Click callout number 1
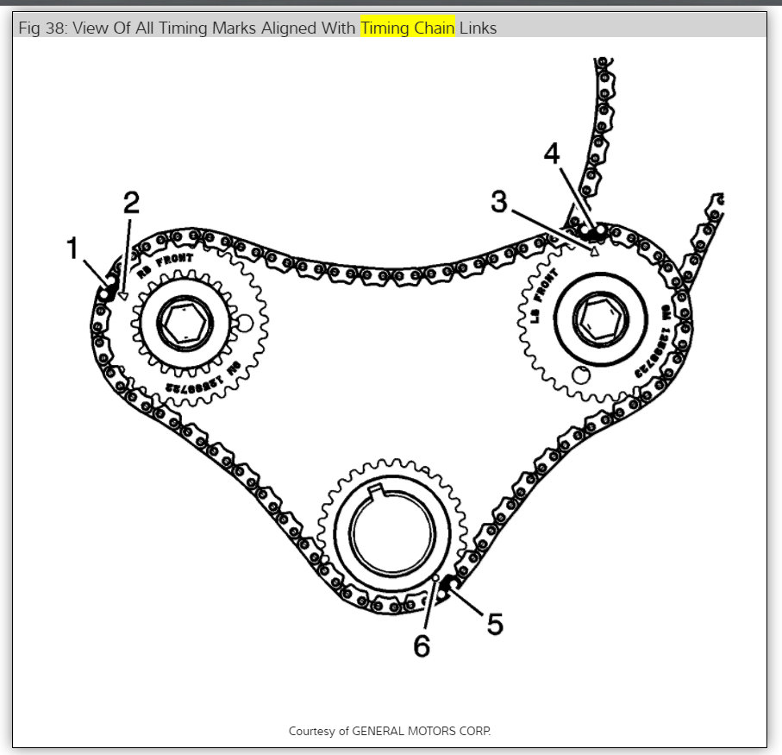click(73, 249)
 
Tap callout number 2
click(130, 204)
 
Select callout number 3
click(499, 203)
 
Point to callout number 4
click(551, 155)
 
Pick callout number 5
click(494, 623)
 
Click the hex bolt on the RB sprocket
click(184, 324)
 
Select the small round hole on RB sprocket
click(244, 324)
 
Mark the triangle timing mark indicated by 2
click(123, 295)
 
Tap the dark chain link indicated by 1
click(108, 291)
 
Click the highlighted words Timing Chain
click(407, 28)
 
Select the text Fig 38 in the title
click(41, 28)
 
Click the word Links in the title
click(478, 28)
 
